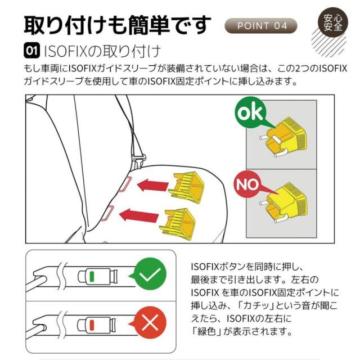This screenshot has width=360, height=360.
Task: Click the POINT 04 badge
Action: point(262,26)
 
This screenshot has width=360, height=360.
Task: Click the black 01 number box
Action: point(31,52)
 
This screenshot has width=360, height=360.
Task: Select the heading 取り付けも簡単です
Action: point(118,25)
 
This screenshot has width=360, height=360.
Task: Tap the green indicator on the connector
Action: point(91,276)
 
